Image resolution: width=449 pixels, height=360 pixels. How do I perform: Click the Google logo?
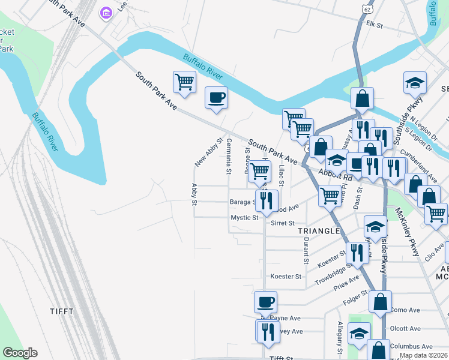20,353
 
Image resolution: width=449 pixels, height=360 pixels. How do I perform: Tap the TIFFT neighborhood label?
62,311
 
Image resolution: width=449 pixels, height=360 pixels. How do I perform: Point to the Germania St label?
229,155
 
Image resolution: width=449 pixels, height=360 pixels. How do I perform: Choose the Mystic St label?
244,218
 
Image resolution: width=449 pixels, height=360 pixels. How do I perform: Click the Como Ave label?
405,310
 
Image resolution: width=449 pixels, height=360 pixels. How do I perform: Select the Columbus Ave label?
411,346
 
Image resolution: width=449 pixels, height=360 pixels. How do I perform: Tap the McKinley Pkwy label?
406,232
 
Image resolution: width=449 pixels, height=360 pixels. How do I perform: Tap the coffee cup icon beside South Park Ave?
216,98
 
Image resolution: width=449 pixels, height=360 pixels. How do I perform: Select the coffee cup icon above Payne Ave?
265,302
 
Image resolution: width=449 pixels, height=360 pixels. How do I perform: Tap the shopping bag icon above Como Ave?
380,302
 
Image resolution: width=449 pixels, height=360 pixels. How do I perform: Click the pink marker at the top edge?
106,13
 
